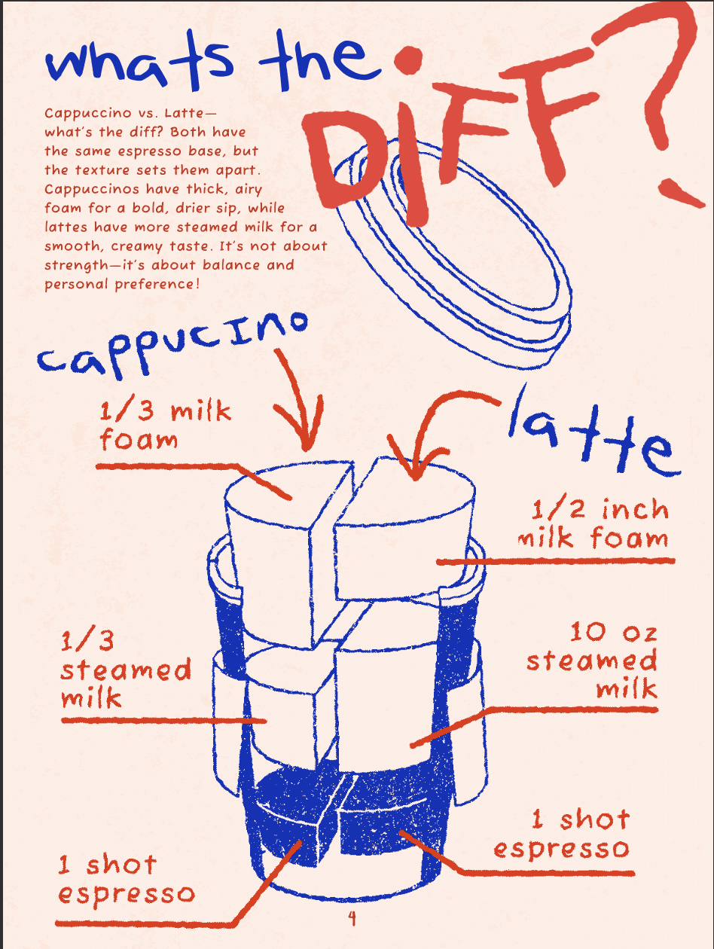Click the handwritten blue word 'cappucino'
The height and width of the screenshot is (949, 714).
[173, 346]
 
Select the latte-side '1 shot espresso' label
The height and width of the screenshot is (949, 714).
[562, 835]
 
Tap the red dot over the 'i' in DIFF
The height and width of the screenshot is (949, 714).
[408, 60]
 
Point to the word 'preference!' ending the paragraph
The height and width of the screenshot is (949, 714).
[157, 285]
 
